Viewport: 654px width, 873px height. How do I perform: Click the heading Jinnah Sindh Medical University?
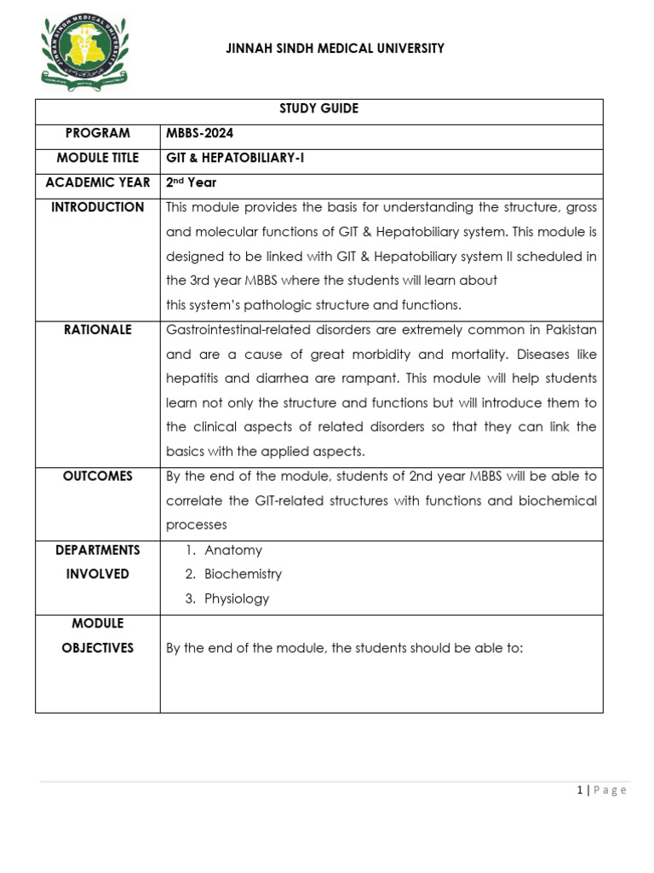(335, 49)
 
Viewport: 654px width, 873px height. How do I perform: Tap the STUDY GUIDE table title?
(319, 108)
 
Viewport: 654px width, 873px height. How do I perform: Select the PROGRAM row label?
(97, 133)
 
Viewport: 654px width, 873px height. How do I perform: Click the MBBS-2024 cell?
(199, 133)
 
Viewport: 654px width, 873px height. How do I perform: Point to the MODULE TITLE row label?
(97, 158)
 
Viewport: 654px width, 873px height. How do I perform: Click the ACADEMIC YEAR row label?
(97, 182)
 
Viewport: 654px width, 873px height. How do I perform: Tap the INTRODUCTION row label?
(97, 207)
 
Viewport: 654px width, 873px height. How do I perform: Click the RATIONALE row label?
(97, 330)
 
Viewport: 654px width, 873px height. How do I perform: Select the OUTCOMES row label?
(97, 477)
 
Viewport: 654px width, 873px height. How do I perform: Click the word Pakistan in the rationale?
(567, 330)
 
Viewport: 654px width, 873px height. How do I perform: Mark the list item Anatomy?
(232, 551)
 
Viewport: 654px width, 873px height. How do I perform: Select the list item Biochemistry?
(243, 575)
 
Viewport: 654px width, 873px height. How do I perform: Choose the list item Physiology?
(236, 598)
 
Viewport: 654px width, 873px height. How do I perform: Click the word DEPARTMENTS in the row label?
(97, 551)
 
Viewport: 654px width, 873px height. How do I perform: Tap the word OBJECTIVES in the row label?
(97, 648)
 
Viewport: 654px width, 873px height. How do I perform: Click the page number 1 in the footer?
(580, 790)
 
